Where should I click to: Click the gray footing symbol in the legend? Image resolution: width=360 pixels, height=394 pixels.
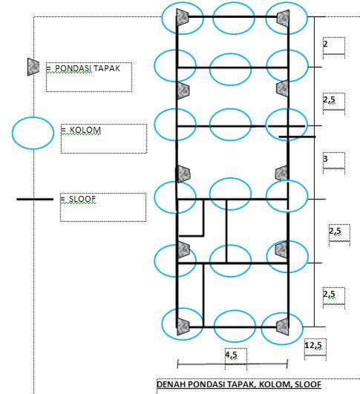33,67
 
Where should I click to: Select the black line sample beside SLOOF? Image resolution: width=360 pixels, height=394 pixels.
35,200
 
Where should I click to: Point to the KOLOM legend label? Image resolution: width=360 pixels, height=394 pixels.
85,130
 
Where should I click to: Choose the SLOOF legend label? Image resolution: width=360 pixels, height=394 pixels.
82,199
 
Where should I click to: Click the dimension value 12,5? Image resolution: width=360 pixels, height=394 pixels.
313,345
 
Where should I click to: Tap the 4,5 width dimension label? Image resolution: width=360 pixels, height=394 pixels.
232,355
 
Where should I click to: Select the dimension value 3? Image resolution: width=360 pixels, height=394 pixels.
325,159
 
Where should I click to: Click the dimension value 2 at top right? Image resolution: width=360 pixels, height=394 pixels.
325,44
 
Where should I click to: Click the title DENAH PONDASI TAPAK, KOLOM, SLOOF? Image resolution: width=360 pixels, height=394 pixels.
239,384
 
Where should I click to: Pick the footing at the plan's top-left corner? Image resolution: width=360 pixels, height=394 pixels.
183,17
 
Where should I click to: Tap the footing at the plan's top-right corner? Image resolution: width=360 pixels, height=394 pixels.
283,17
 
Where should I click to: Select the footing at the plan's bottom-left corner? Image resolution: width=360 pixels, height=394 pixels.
183,326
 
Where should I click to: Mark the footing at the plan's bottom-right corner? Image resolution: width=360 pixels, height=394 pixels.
283,326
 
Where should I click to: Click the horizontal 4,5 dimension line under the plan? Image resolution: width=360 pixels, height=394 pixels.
232,364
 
